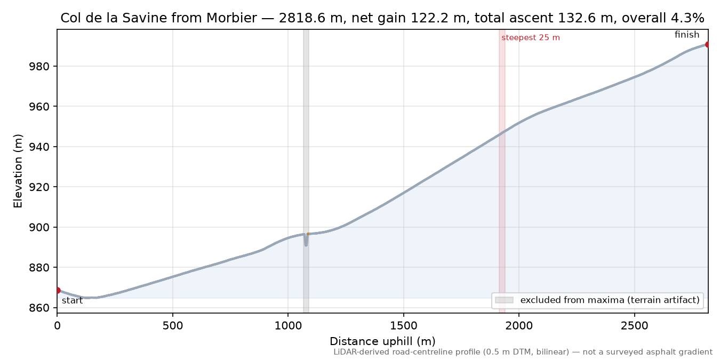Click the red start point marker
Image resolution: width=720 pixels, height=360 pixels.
58,291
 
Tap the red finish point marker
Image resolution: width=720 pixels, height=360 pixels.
708,44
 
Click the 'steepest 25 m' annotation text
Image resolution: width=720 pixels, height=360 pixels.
531,38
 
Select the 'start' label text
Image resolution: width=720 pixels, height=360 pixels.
73,301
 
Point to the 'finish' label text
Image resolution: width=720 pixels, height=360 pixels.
687,34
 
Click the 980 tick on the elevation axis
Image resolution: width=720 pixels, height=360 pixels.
39,67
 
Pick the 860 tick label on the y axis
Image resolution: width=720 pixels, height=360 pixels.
39,308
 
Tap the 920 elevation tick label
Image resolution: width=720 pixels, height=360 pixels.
39,187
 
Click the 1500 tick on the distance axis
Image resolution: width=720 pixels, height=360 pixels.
404,326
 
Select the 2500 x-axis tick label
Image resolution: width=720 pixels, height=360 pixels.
635,326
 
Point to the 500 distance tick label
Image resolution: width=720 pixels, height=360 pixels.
173,326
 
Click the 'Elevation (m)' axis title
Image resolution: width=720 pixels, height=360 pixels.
18,171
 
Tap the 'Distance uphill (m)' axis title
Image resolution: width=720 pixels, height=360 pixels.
382,341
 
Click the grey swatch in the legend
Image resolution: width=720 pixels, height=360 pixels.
504,300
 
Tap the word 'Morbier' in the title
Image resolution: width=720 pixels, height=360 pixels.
232,18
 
